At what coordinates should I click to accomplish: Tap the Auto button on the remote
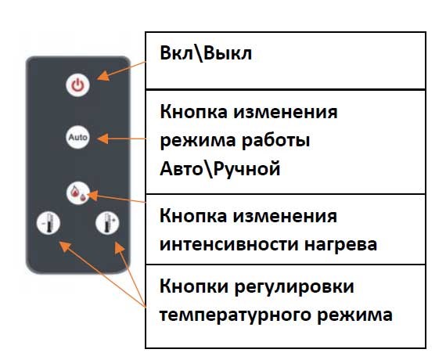(x=77, y=137)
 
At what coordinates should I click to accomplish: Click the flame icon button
(x=78, y=193)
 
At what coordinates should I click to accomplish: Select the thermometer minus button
(x=49, y=223)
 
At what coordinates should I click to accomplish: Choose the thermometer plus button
(x=107, y=223)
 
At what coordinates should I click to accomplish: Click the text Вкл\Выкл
(x=206, y=53)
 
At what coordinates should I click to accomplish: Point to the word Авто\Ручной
(x=220, y=169)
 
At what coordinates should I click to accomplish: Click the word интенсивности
(x=229, y=244)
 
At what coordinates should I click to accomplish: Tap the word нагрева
(x=340, y=245)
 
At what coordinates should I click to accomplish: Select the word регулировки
(x=294, y=287)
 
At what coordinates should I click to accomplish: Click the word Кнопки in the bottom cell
(x=194, y=286)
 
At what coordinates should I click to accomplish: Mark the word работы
(x=275, y=141)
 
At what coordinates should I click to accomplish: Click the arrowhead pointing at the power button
(x=103, y=76)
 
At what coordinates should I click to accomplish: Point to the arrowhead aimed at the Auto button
(x=103, y=139)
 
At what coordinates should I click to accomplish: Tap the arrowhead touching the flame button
(x=93, y=195)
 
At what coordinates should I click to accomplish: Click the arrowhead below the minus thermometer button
(x=65, y=247)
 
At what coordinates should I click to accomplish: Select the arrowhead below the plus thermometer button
(x=120, y=247)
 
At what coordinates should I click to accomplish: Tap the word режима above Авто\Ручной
(x=197, y=142)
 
